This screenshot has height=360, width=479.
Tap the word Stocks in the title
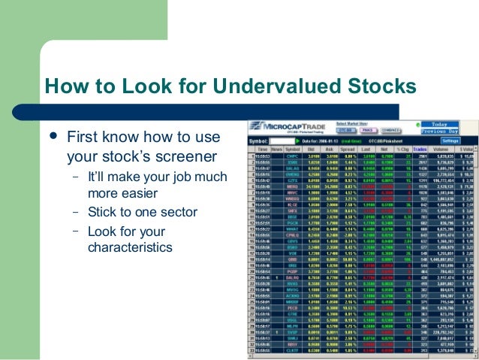(384, 86)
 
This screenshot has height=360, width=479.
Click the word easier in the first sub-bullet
(151, 193)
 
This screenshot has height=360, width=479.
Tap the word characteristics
(130, 247)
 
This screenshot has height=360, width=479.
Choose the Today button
(444, 124)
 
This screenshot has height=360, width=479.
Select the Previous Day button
(444, 132)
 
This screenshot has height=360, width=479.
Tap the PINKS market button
(367, 130)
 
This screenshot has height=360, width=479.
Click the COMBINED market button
(393, 130)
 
